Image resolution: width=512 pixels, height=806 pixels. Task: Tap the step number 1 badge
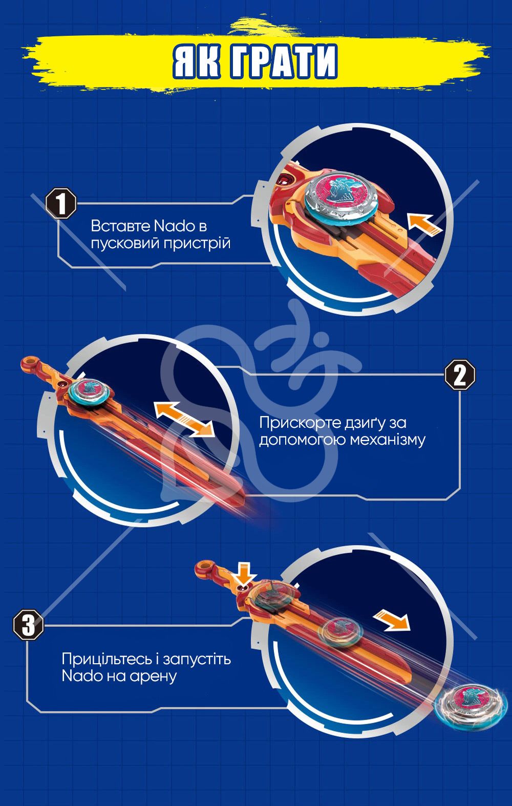61,203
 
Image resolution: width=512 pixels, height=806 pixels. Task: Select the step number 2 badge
460,375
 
